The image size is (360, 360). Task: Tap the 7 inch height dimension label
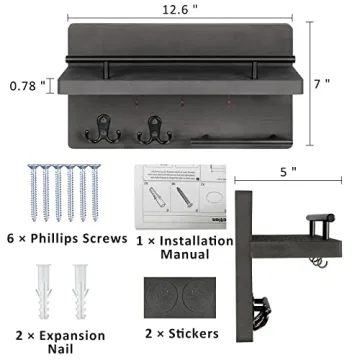[x=320, y=84]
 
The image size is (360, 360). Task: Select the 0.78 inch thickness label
[x=28, y=85]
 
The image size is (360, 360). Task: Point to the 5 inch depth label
[x=289, y=171]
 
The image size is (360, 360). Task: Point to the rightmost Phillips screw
[x=96, y=191]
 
